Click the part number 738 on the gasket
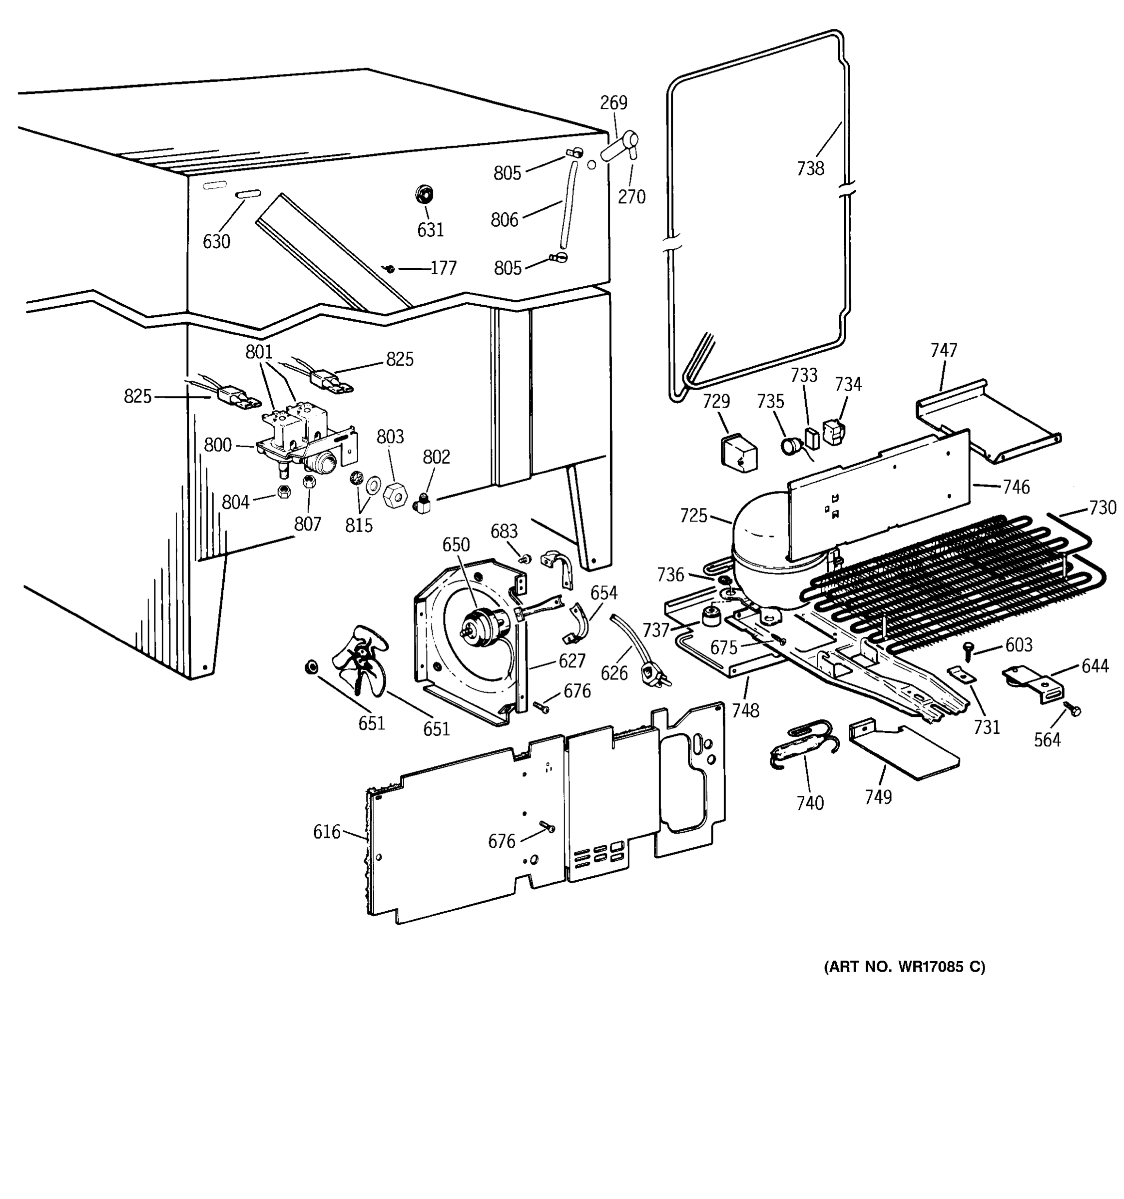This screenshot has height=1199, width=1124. tap(810, 169)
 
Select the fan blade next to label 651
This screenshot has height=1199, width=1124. tap(364, 657)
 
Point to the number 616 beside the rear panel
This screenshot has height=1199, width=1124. tap(326, 832)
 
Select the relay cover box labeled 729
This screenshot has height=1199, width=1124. tap(739, 452)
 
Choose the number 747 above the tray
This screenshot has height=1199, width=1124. tap(943, 350)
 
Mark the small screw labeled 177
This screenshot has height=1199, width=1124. tap(390, 268)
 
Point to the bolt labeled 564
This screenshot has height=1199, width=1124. tap(1072, 709)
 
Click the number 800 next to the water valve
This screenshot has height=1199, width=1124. tap(218, 445)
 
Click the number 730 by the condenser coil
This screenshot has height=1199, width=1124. tap(1103, 508)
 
